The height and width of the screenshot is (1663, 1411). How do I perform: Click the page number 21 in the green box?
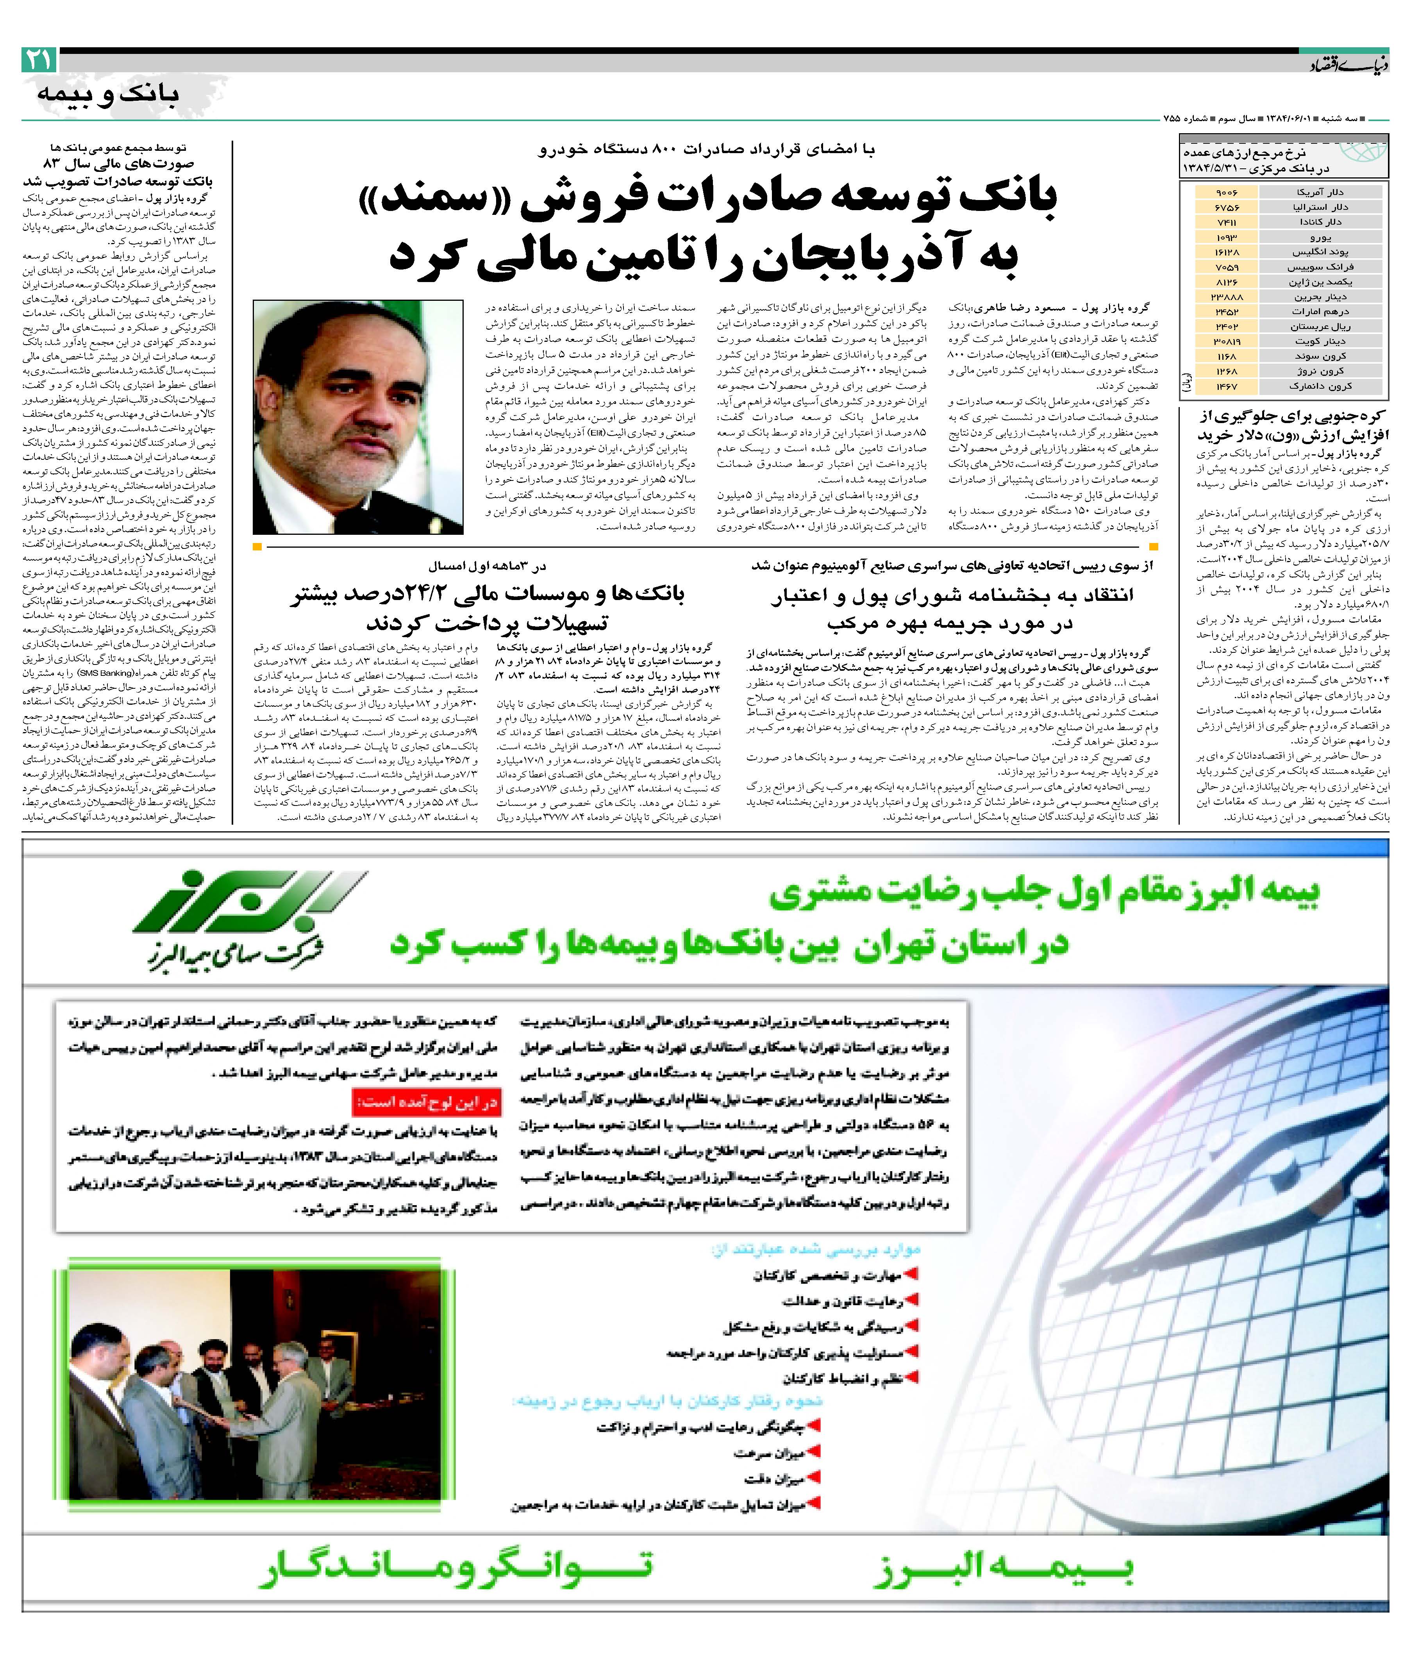pos(38,59)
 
